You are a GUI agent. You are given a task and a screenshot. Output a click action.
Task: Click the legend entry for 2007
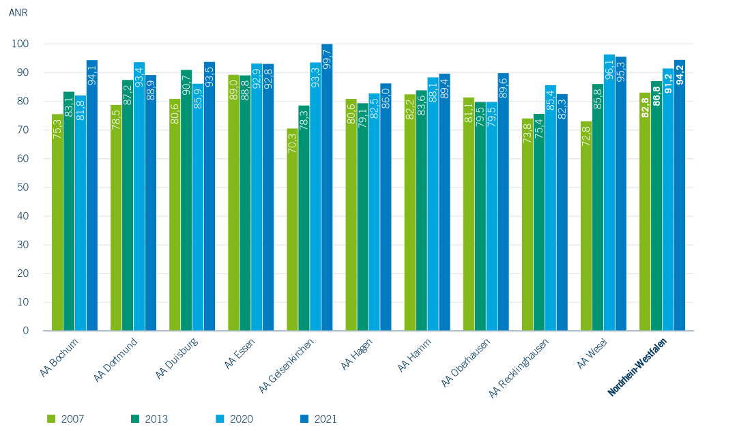66,419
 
